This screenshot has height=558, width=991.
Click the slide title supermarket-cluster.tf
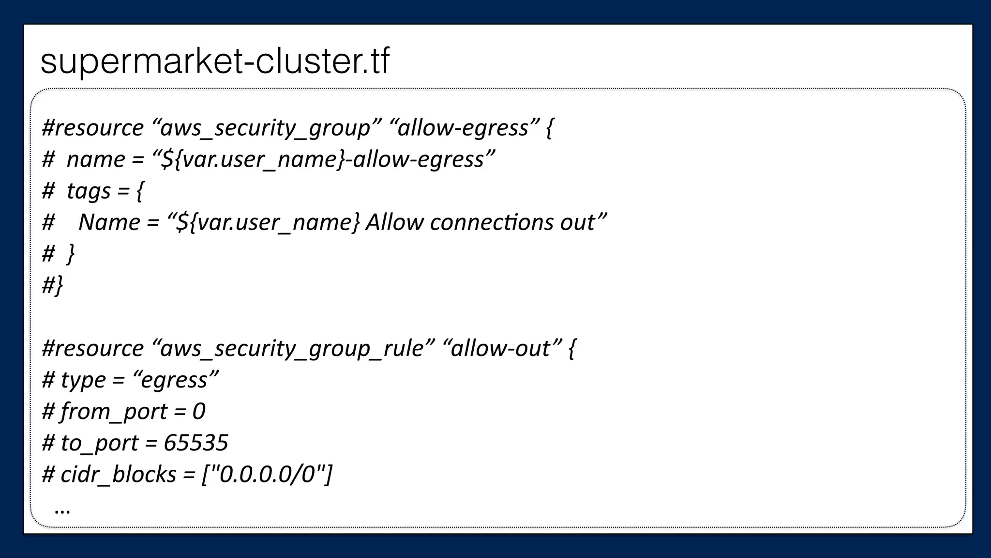215,62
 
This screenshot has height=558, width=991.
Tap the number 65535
196,443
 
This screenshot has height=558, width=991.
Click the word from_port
114,412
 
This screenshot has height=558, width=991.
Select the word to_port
99,443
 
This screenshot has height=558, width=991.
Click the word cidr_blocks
118,474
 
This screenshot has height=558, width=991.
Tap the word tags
89,191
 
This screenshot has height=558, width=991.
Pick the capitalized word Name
109,223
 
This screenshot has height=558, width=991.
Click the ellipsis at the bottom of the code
63,509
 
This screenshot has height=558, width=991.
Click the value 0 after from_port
199,412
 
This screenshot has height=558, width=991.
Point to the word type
83,380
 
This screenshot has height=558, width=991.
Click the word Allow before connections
394,223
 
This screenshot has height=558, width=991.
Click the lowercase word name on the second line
96,160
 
